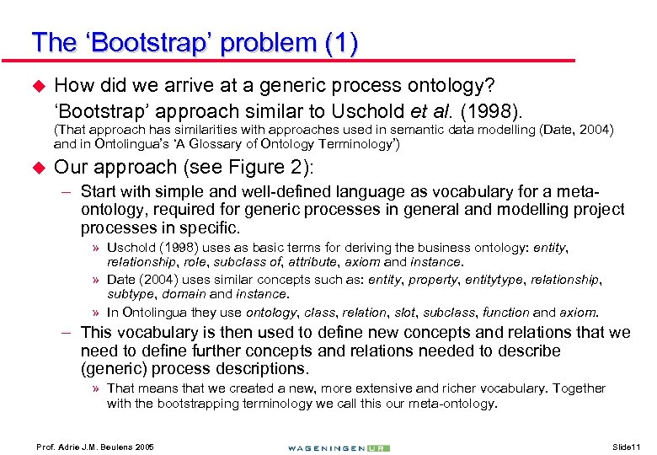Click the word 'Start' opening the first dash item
tap(98, 192)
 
